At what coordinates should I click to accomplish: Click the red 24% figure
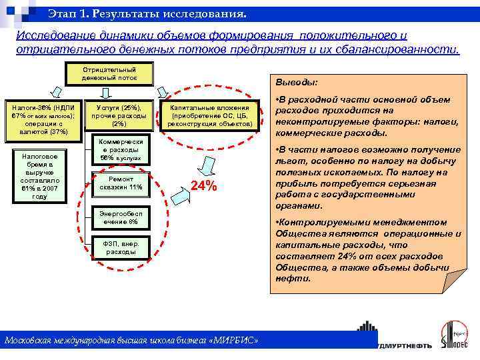pyautogui.click(x=204, y=186)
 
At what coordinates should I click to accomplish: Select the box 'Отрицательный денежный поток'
pyautogui.click(x=109, y=73)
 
